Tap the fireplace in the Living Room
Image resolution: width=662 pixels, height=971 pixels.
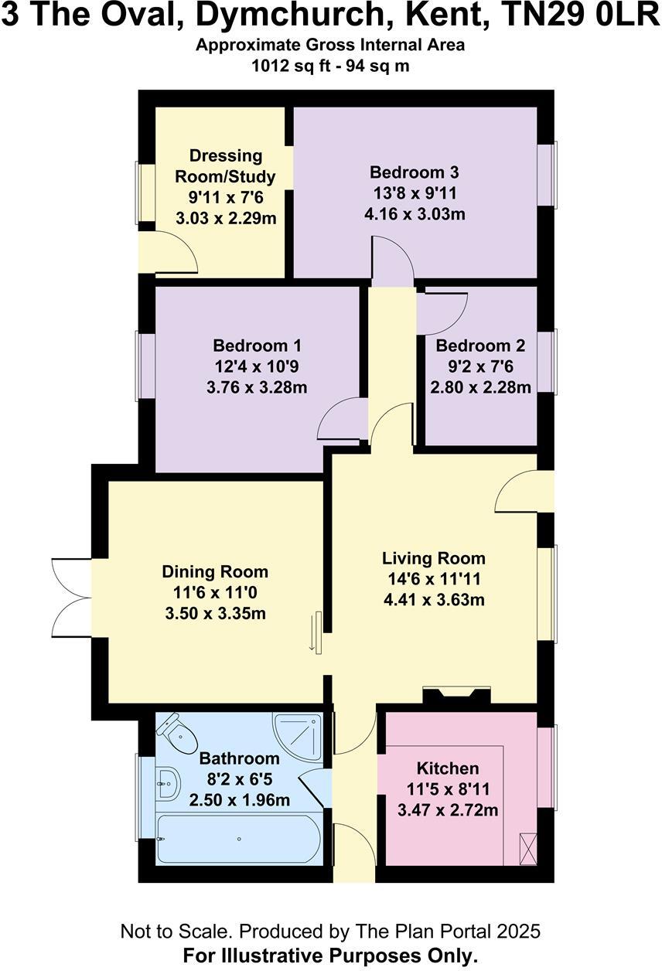456,695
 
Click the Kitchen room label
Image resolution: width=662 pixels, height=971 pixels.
448,768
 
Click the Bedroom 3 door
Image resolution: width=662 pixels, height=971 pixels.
391,263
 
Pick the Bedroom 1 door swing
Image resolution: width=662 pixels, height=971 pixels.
340,421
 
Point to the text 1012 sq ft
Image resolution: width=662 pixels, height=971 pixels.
294,66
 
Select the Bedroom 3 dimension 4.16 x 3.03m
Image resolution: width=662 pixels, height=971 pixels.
415,214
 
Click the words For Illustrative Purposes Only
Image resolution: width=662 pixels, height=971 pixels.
330,956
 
